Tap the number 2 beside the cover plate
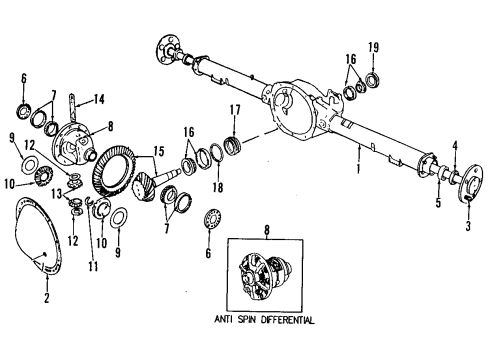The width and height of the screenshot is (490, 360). (47, 297)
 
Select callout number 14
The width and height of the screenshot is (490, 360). (101, 98)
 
